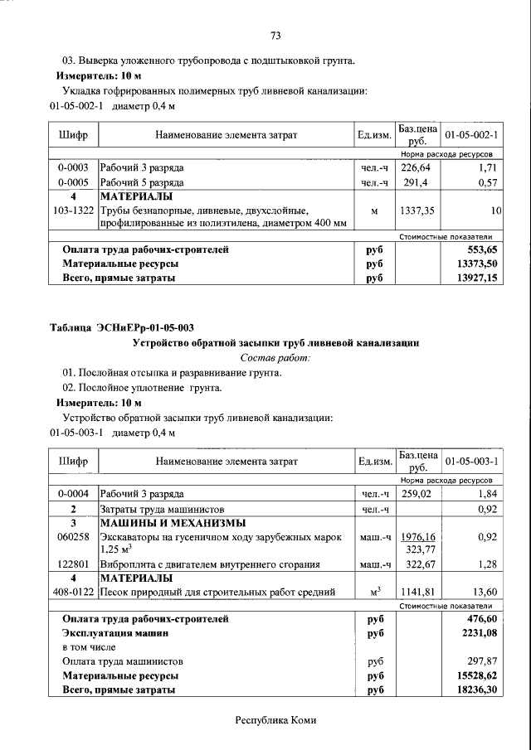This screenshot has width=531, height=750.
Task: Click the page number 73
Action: pos(276,35)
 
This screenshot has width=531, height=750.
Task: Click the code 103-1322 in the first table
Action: pos(73,211)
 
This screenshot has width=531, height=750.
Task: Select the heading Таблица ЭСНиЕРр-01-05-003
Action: pos(122,328)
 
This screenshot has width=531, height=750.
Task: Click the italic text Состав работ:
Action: pos(275,358)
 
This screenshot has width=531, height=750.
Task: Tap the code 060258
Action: pos(73,537)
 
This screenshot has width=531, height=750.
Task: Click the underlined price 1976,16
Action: pos(417,537)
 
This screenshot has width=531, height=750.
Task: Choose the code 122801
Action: pos(73,564)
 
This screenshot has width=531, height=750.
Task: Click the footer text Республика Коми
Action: pos(275,721)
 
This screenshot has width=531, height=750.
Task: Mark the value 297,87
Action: pos(485,661)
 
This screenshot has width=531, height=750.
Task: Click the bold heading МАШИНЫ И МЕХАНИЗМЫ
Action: pos(173,523)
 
